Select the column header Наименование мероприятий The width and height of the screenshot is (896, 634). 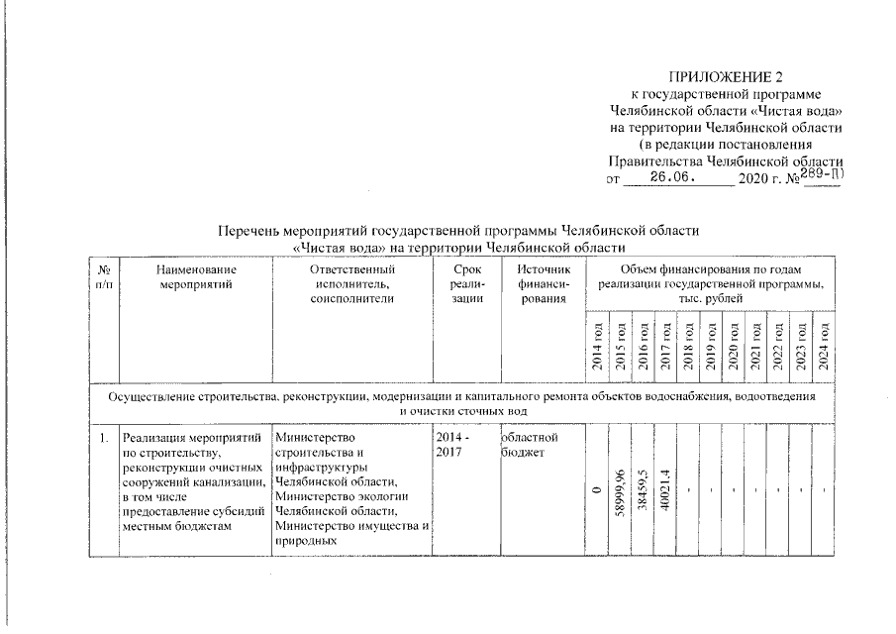click(195, 276)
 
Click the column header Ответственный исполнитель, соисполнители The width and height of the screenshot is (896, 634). click(351, 283)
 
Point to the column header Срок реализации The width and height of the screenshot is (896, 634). click(460, 283)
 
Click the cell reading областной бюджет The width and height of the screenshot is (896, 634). click(531, 444)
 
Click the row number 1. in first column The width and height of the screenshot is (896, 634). click(103, 437)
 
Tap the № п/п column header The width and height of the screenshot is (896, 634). click(104, 276)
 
